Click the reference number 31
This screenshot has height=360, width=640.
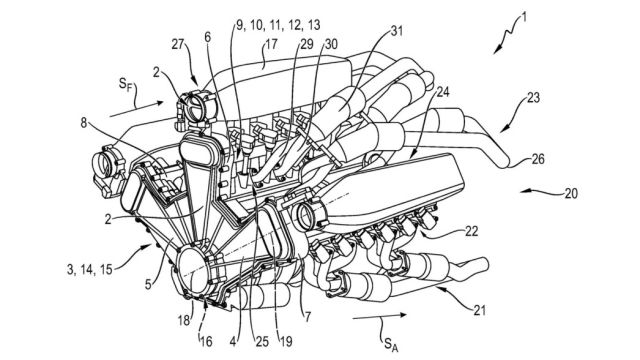[396, 31]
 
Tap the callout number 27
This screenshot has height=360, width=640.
[178, 44]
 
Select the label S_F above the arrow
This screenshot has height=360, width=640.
[126, 85]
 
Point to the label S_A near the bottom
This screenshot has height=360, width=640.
[389, 344]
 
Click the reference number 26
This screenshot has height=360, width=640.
[538, 159]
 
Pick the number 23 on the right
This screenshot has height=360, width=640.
[533, 98]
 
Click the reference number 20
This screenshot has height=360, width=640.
[571, 193]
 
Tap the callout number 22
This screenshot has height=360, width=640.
[471, 231]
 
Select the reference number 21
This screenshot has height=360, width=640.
[480, 310]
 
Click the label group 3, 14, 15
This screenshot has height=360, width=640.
[89, 269]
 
